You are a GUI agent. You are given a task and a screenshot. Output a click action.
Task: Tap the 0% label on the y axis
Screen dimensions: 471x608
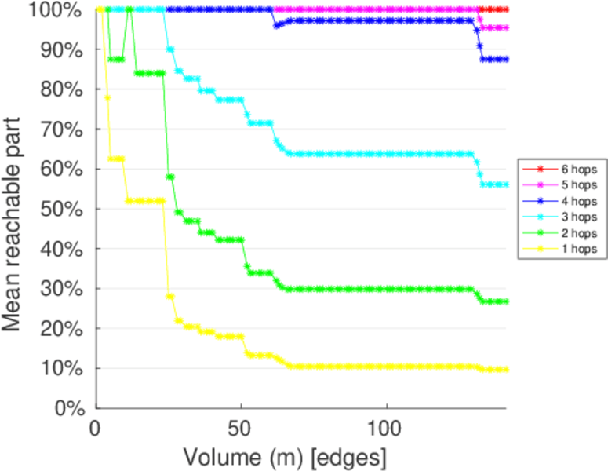pos(70,408)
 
